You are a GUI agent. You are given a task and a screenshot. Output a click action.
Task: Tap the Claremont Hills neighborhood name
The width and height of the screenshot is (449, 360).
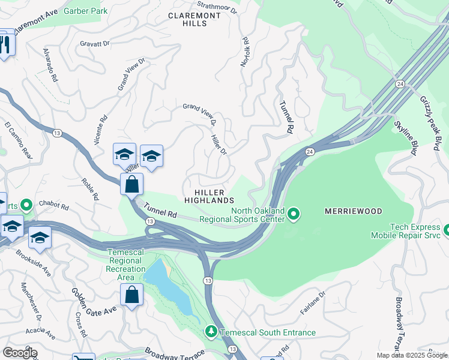(187, 19)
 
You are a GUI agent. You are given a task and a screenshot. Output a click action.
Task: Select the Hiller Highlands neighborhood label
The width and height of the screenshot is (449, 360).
(208, 194)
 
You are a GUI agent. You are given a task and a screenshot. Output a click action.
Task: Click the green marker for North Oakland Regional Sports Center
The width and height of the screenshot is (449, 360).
(294, 214)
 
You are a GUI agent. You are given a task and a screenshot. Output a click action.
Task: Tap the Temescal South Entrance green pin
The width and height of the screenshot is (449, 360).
(211, 331)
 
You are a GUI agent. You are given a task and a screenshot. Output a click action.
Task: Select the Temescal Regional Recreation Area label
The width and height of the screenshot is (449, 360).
(125, 265)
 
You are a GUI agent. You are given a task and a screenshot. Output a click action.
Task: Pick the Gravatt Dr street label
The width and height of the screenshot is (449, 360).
(95, 44)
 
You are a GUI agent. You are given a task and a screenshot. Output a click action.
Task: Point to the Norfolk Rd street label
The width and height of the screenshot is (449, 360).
(245, 52)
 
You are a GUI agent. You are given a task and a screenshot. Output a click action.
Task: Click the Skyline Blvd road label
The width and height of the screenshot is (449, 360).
(405, 138)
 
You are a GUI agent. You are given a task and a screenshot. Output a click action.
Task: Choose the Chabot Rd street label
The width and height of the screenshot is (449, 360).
(55, 205)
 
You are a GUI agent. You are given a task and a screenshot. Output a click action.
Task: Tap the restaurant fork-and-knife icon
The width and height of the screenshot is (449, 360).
(6, 45)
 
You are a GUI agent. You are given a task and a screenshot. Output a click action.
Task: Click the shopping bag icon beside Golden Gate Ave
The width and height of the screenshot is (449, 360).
(131, 295)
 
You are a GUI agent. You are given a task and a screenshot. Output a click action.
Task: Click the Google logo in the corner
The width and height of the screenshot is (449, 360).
(20, 353)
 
